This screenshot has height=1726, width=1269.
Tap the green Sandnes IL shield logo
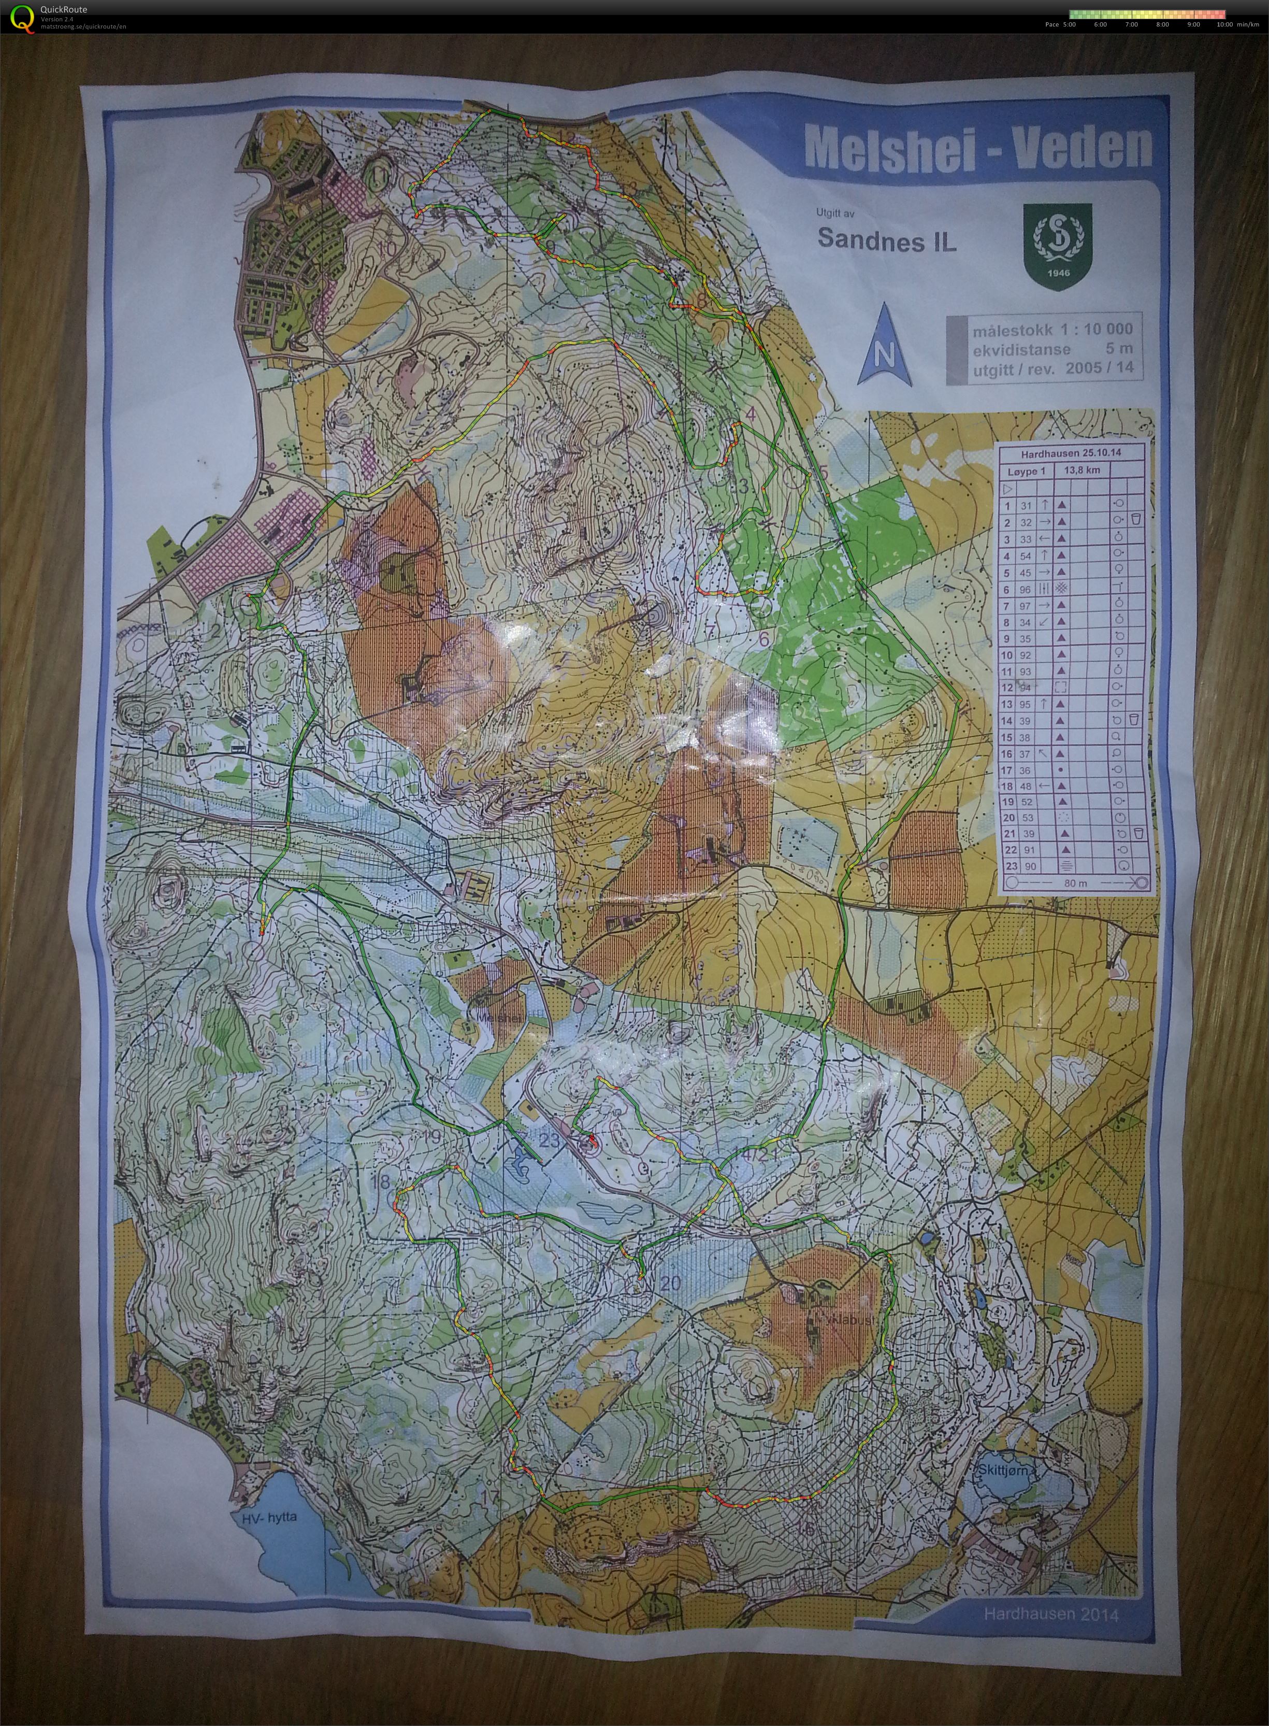1056,247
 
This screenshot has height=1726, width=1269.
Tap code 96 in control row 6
1026,590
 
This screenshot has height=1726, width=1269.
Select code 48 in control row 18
1026,786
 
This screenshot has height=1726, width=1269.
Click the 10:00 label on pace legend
1224,24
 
